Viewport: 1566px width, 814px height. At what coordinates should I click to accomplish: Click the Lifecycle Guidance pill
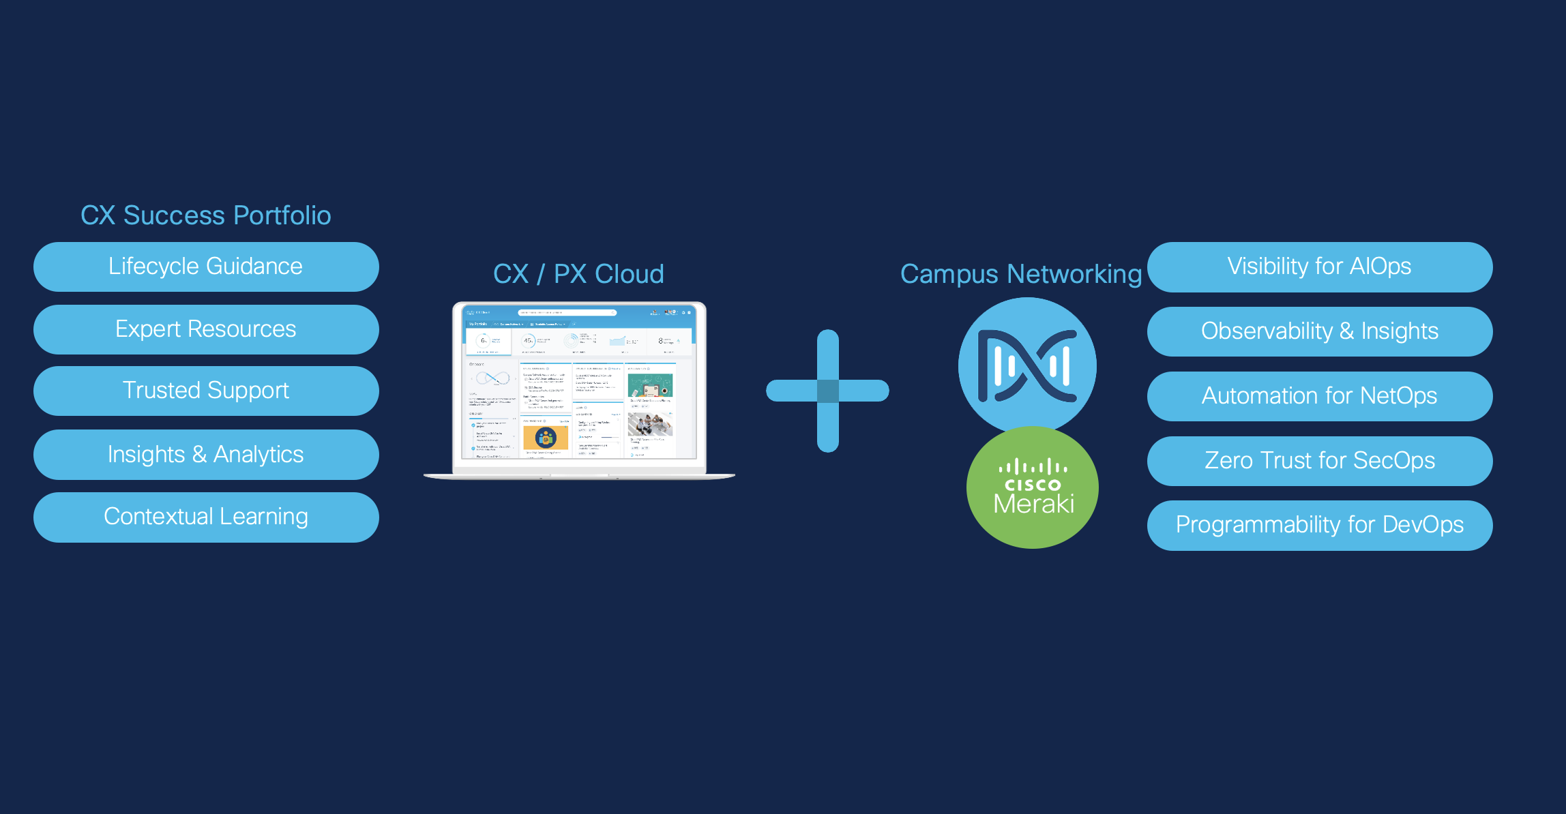[205, 267]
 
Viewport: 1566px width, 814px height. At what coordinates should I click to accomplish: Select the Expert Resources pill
[205, 329]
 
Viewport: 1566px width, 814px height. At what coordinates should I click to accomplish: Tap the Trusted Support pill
[205, 391]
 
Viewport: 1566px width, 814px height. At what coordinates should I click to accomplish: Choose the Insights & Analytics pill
[205, 454]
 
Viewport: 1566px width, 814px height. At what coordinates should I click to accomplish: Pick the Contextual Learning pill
[205, 517]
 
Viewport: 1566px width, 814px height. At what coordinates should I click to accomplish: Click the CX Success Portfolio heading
[205, 215]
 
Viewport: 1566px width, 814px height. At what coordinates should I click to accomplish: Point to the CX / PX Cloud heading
[578, 274]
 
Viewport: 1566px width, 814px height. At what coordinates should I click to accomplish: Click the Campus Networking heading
[1020, 274]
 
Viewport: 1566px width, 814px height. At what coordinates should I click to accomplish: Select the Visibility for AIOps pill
[1319, 267]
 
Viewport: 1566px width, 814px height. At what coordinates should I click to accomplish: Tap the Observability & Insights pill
[1319, 331]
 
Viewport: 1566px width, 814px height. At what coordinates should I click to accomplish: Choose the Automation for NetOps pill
[1319, 396]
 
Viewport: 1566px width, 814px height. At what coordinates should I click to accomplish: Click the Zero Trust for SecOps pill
[1319, 461]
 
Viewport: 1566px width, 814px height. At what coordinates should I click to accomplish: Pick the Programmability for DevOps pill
[1319, 525]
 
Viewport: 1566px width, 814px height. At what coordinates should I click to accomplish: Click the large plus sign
[827, 391]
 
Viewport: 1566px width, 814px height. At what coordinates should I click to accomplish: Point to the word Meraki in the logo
[1033, 504]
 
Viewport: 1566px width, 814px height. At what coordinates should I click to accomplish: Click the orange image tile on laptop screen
[545, 438]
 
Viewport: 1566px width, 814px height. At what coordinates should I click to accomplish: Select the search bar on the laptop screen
[566, 313]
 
